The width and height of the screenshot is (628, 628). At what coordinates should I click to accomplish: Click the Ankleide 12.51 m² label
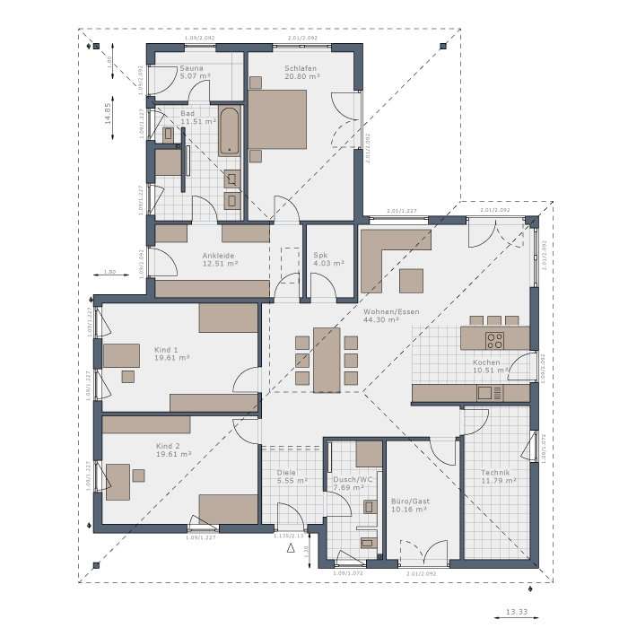[x=219, y=260]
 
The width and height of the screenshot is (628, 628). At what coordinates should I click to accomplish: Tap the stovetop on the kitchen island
[x=494, y=339]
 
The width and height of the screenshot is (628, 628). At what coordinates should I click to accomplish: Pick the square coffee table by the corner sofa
[x=412, y=281]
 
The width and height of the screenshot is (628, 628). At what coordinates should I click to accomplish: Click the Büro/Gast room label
[x=409, y=505]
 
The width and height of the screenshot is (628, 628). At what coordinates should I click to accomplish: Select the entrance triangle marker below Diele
[x=291, y=553]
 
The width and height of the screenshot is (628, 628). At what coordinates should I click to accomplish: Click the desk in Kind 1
[x=121, y=356]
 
